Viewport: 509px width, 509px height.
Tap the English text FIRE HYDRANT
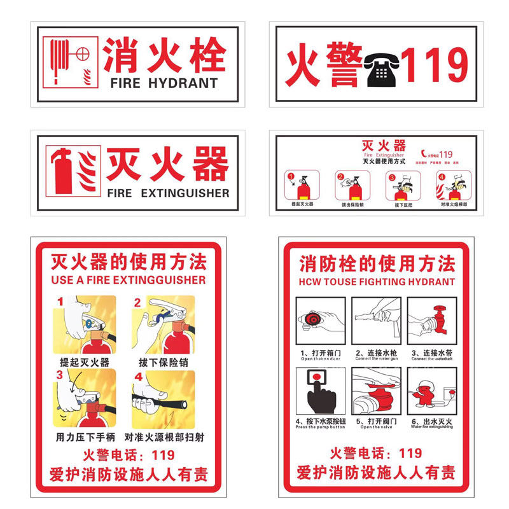pyautogui.click(x=164, y=83)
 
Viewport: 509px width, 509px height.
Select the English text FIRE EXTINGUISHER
pyautogui.click(x=168, y=193)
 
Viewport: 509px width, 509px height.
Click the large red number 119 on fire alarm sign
pyautogui.click(x=436, y=66)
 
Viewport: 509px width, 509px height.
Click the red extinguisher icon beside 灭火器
pyautogui.click(x=64, y=171)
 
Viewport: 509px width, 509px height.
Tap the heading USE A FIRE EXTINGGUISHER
pyautogui.click(x=128, y=280)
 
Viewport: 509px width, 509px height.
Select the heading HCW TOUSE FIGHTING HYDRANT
pyautogui.click(x=377, y=281)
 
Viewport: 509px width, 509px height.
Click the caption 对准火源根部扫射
pyautogui.click(x=164, y=437)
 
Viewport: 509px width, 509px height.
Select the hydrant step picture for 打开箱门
pyautogui.click(x=321, y=321)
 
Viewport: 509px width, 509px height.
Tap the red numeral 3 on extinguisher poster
pyautogui.click(x=60, y=375)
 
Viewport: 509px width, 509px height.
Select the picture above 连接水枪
pyautogui.click(x=376, y=321)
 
